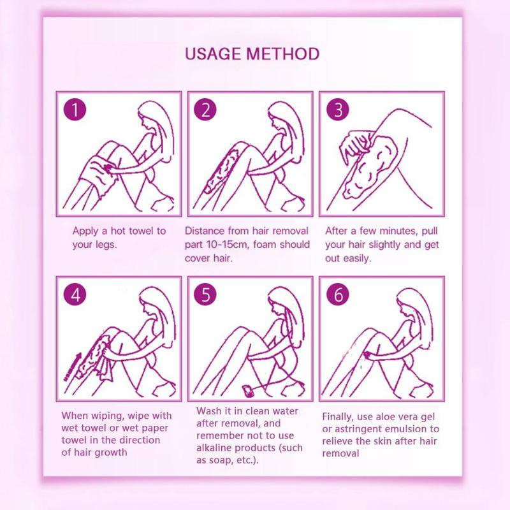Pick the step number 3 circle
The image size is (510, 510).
[338, 110]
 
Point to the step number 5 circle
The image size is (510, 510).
[205, 295]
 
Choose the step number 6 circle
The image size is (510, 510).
[338, 295]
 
